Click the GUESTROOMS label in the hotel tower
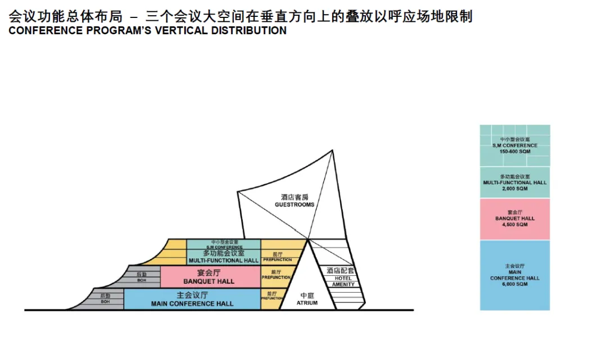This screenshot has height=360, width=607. tap(295, 204)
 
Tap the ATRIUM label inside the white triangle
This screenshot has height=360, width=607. tap(307, 303)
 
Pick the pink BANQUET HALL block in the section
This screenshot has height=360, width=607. tap(209, 276)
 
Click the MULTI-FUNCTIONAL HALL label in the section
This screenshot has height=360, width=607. tap(223, 260)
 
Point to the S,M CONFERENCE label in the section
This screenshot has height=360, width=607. tap(224, 247)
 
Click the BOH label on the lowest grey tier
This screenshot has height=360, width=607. tap(105, 302)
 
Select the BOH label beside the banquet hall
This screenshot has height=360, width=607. tap(142, 279)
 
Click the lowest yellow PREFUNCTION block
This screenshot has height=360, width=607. tap(272, 298)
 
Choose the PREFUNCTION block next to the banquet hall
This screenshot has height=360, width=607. tap(276, 275)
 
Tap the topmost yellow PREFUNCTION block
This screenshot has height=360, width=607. tap(277, 257)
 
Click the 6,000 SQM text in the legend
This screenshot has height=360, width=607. tap(515, 284)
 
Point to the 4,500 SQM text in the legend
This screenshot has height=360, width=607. tap(515, 225)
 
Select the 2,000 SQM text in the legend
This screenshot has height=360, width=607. tap(515, 189)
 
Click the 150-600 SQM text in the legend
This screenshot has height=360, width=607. tap(515, 152)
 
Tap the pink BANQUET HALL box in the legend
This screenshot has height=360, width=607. tap(515, 219)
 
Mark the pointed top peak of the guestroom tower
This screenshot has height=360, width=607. tap(333, 150)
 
